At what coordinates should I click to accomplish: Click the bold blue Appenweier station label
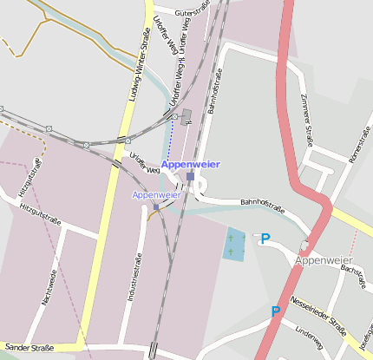pyautogui.click(x=191, y=164)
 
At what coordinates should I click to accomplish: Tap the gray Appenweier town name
pyautogui.click(x=323, y=260)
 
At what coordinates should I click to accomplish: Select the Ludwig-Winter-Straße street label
pyautogui.click(x=139, y=64)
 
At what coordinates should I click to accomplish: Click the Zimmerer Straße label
pyautogui.click(x=306, y=119)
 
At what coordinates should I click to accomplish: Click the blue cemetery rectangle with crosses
pyautogui.click(x=234, y=245)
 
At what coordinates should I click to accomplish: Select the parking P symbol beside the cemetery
pyautogui.click(x=265, y=238)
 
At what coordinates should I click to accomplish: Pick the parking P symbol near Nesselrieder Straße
pyautogui.click(x=276, y=311)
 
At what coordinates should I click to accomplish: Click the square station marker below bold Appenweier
pyautogui.click(x=190, y=176)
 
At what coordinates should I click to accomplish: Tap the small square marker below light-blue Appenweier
pyautogui.click(x=156, y=206)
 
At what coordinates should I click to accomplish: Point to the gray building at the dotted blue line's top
pyautogui.click(x=186, y=115)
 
